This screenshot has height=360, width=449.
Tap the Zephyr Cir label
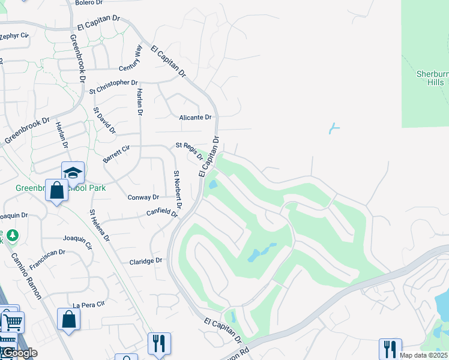(14, 36)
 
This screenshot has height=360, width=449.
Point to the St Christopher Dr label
(113, 87)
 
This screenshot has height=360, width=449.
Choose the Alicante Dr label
(196, 118)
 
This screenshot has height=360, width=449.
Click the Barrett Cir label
(116, 153)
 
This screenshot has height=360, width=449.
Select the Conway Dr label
(143, 197)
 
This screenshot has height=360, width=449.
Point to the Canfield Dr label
(163, 212)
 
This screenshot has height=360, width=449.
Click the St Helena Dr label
(100, 226)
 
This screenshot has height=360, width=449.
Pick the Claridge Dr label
(146, 261)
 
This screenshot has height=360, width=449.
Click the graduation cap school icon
(73, 173)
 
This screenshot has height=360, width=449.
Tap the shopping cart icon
(13, 322)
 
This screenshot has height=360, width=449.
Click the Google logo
(19, 353)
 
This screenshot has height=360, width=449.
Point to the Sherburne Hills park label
(432, 78)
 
